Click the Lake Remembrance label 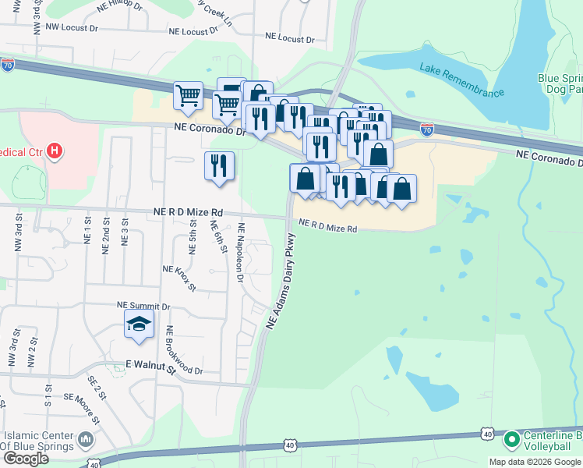point(461,80)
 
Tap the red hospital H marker point(54,150)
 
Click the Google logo point(26,459)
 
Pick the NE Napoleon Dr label point(241,253)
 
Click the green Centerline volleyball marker point(512,440)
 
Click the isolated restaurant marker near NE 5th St point(219,165)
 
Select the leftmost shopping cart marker point(188,96)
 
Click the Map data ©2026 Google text point(535,462)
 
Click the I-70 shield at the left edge point(8,66)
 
